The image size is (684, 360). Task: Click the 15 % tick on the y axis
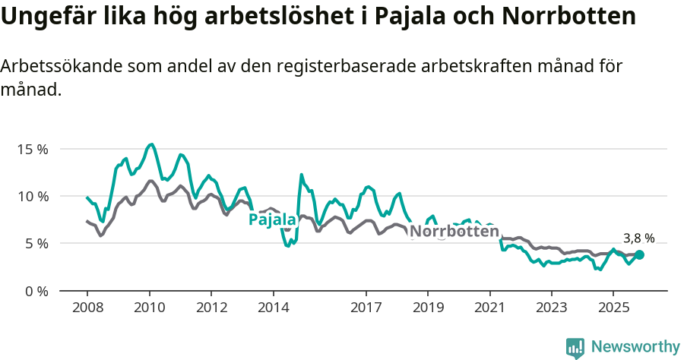(32, 149)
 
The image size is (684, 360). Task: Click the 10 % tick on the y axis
(32, 196)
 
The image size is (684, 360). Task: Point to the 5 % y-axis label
(35, 244)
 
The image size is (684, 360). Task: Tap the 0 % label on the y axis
(35, 291)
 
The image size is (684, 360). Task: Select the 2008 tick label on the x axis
(87, 308)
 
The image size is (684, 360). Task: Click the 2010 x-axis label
(149, 308)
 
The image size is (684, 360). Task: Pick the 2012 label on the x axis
(211, 308)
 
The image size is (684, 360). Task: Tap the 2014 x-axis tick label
(273, 308)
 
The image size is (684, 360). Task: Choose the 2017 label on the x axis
(366, 308)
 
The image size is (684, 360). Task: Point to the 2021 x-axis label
(490, 308)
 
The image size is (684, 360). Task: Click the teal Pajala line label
(272, 219)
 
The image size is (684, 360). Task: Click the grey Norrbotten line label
(454, 231)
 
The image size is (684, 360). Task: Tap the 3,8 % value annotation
(638, 238)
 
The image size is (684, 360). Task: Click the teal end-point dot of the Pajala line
(640, 255)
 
